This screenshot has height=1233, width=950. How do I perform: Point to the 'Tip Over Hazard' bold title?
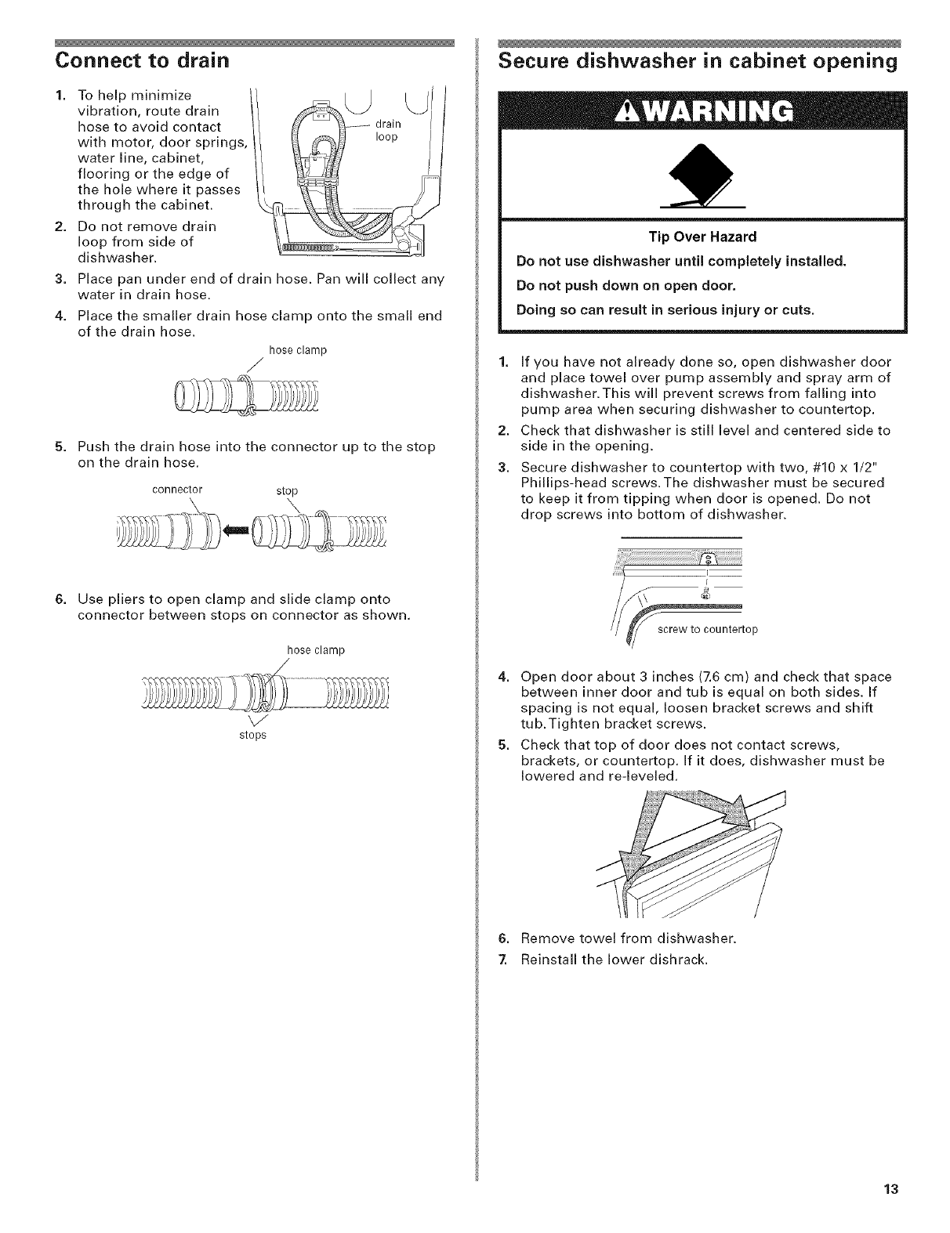pos(702,237)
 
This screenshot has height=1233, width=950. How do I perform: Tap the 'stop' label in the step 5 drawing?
pos(288,491)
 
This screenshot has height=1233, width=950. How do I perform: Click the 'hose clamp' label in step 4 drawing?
pos(297,350)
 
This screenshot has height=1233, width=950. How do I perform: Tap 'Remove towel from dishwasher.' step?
pos(618,938)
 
